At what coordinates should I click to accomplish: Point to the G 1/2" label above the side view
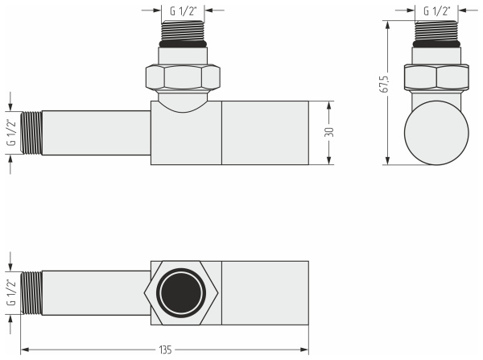tap(436, 11)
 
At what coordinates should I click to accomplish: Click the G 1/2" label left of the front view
tap(10, 132)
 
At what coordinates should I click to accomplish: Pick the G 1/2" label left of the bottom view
tap(10, 292)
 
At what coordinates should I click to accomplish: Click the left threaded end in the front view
tap(31, 132)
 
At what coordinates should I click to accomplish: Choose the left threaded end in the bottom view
tap(31, 292)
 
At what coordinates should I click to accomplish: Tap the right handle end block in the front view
tap(265, 132)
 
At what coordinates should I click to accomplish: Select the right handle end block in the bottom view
tap(265, 292)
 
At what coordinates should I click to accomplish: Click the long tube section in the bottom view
tap(95, 292)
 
